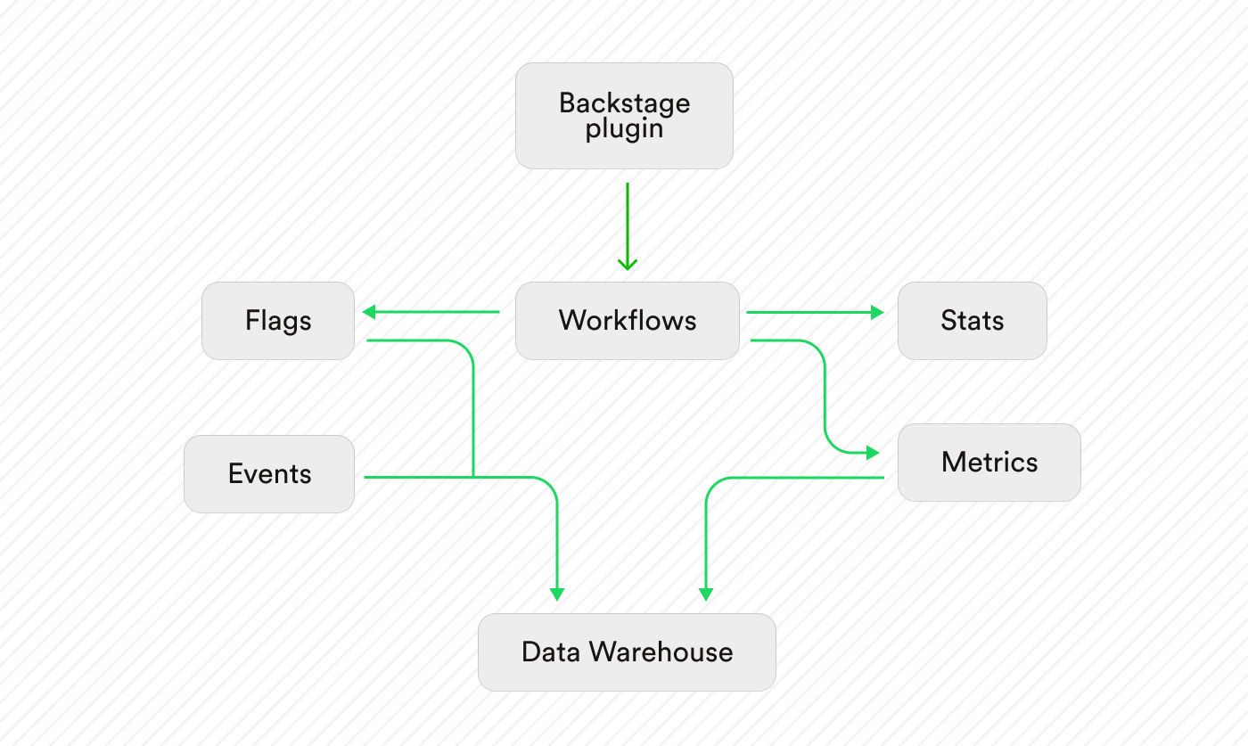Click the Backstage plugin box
pos(624,116)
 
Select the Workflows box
pos(627,321)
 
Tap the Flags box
pos(278,321)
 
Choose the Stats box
pos(972,321)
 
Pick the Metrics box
pos(989,462)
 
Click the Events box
pos(269,473)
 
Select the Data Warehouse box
pos(627,652)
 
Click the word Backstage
pos(624,103)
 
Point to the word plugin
pos(624,128)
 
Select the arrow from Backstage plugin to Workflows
pos(628,223)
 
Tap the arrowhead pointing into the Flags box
pos(368,312)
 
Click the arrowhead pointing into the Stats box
pos(877,312)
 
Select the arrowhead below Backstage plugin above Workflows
pos(628,264)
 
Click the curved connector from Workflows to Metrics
pos(825,392)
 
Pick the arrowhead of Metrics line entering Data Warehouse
pos(706,594)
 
